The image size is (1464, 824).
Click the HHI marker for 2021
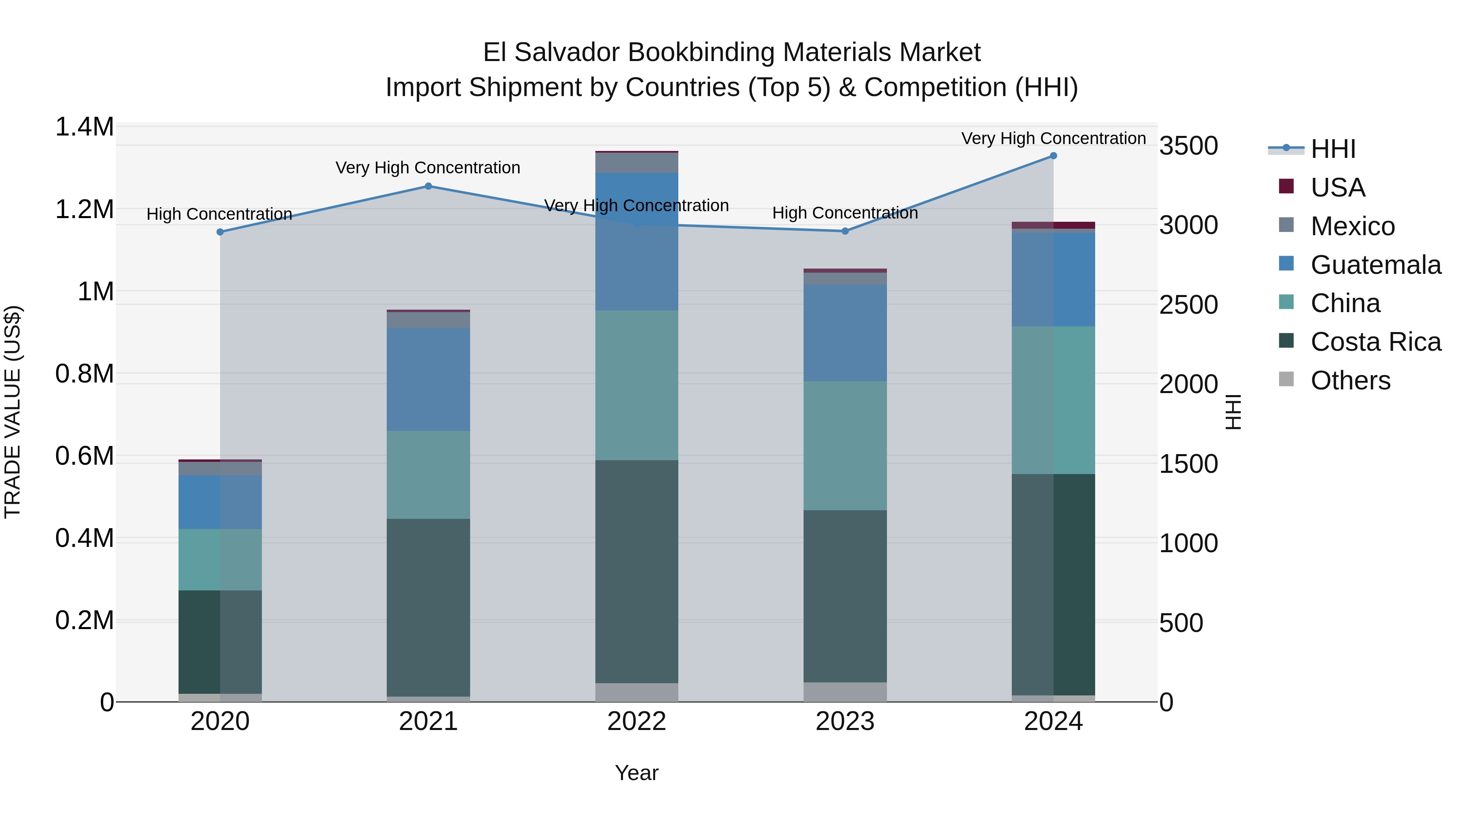tap(429, 186)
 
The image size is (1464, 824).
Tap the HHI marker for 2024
tap(1053, 156)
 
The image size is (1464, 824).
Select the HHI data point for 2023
tap(845, 231)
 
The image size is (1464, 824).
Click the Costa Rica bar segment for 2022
tap(636, 572)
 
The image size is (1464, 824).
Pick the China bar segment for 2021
tap(429, 475)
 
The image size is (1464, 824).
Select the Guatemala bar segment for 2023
tap(845, 333)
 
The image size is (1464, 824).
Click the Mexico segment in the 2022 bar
tap(636, 163)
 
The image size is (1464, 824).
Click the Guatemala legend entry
tap(1375, 265)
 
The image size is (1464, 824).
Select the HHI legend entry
tap(1333, 149)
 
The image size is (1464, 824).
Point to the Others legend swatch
tap(1286, 379)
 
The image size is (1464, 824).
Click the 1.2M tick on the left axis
tap(84, 209)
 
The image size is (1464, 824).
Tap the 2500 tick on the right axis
tap(1188, 305)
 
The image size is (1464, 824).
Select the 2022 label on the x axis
tap(636, 721)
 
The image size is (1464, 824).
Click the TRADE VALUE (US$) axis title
tap(13, 412)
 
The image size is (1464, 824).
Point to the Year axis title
tap(636, 773)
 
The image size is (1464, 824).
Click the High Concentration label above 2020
tap(219, 214)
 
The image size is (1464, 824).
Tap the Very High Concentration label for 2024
tap(1053, 138)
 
